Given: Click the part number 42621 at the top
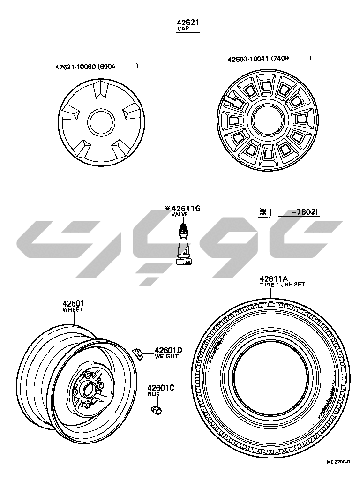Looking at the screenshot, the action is click(187, 23).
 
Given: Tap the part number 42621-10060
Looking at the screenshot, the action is click(75, 67).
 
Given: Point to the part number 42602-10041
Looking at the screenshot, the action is click(248, 59).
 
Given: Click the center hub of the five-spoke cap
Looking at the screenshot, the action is click(101, 122).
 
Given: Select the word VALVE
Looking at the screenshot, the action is click(180, 214).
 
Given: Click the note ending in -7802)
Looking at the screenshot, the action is click(288, 211).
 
